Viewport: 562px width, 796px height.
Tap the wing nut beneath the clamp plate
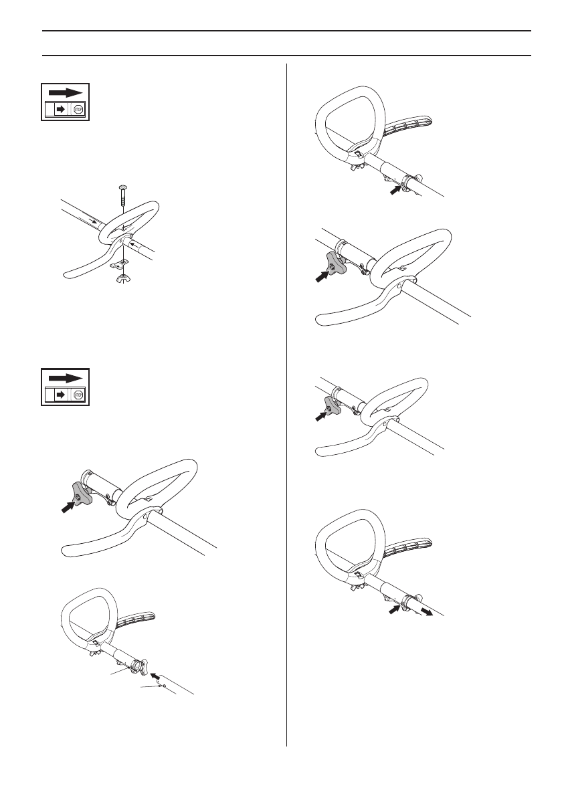coord(123,276)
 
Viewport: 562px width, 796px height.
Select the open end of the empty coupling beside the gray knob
coord(86,478)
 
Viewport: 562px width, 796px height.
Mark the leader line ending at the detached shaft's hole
coord(151,686)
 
